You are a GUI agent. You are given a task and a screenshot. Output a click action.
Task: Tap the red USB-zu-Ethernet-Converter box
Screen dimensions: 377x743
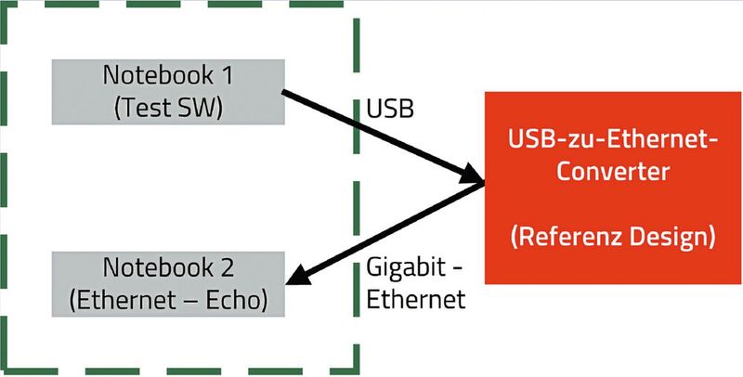coord(612,186)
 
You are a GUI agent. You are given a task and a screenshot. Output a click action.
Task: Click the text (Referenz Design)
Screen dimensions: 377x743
coord(612,237)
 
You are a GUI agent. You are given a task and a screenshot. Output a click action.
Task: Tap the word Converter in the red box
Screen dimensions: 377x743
coord(612,172)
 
